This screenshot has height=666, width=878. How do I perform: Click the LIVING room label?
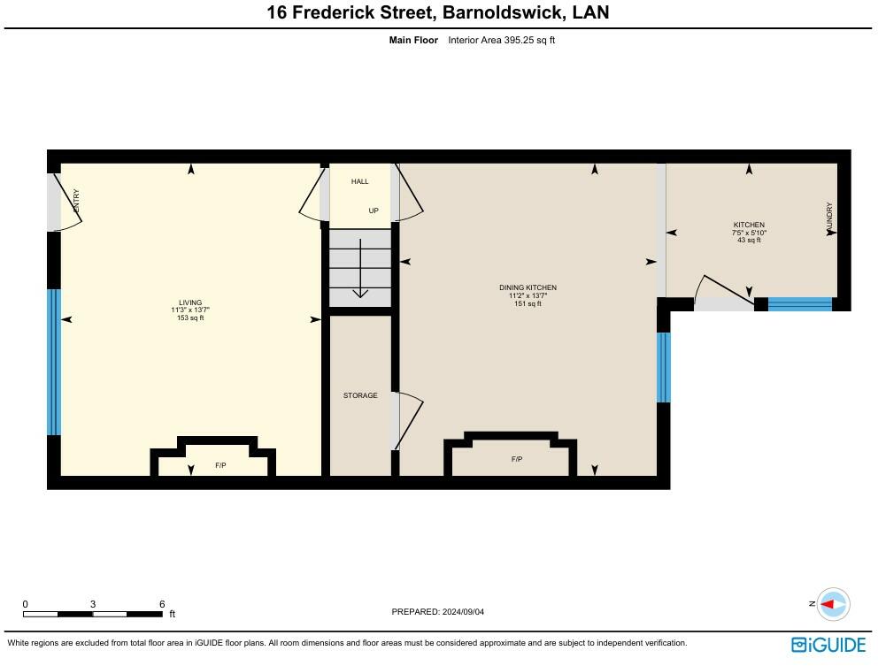coord(190,302)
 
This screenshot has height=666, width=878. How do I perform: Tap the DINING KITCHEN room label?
coord(528,288)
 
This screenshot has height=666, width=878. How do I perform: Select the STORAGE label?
coord(360,395)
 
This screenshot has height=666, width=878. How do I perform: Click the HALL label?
coord(359,181)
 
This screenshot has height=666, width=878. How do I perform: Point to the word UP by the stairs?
coord(374,211)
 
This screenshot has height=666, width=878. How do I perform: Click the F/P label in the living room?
coord(220,465)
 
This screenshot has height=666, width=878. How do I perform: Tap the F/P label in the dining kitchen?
coord(516,459)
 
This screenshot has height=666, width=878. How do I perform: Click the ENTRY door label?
coord(76,199)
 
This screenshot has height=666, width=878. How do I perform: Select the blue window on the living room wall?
coord(53,362)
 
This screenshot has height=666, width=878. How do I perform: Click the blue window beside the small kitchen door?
coord(799,304)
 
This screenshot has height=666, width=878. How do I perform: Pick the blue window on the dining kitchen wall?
coord(663,367)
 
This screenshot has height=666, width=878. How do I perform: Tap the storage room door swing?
coord(409,419)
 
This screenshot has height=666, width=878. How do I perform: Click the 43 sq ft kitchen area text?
coord(749,241)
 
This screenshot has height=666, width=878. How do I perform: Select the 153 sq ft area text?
coord(190,318)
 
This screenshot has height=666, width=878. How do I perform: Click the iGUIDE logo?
coord(828,644)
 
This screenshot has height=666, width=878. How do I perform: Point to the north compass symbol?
coord(832,604)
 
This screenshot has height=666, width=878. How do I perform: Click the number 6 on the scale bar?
coord(162,604)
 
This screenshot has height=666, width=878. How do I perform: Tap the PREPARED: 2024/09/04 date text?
coord(438,612)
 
